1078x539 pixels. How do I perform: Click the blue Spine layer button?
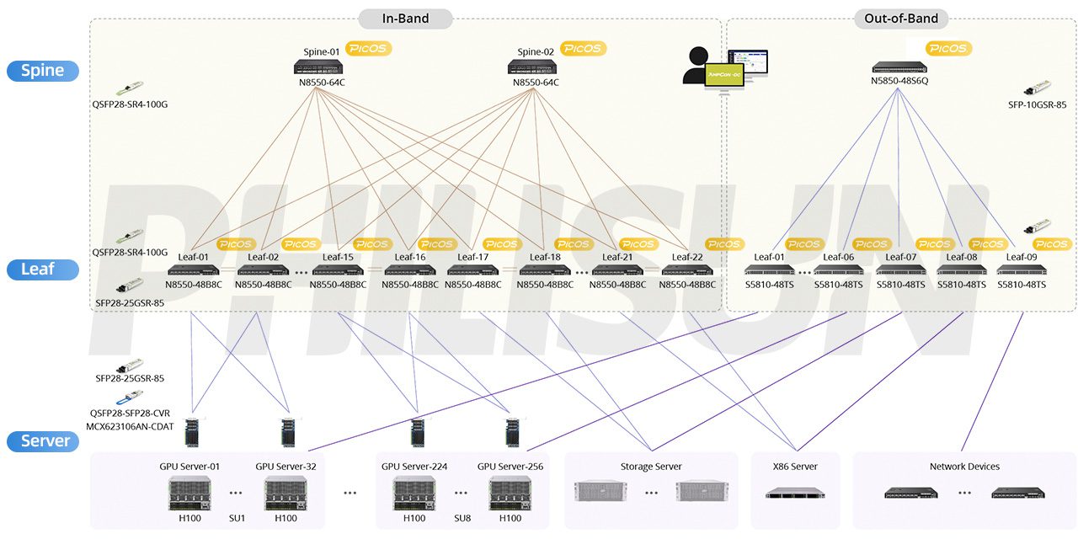click(42, 71)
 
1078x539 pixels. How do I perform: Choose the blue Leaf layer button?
click(42, 269)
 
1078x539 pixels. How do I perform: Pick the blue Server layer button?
click(42, 440)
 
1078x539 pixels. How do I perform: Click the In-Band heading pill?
click(405, 19)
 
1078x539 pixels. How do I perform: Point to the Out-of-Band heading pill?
click(901, 19)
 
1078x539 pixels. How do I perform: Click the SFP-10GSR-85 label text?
click(1037, 105)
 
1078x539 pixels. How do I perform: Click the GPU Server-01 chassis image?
click(189, 493)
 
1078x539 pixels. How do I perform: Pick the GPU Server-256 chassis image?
click(510, 493)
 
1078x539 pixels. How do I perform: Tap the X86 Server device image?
click(794, 492)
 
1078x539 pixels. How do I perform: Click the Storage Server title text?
click(651, 467)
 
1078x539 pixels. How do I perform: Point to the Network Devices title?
click(964, 467)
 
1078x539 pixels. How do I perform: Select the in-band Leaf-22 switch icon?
click(687, 270)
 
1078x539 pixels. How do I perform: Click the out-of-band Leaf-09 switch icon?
click(1022, 270)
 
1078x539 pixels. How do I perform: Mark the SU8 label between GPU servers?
click(462, 518)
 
